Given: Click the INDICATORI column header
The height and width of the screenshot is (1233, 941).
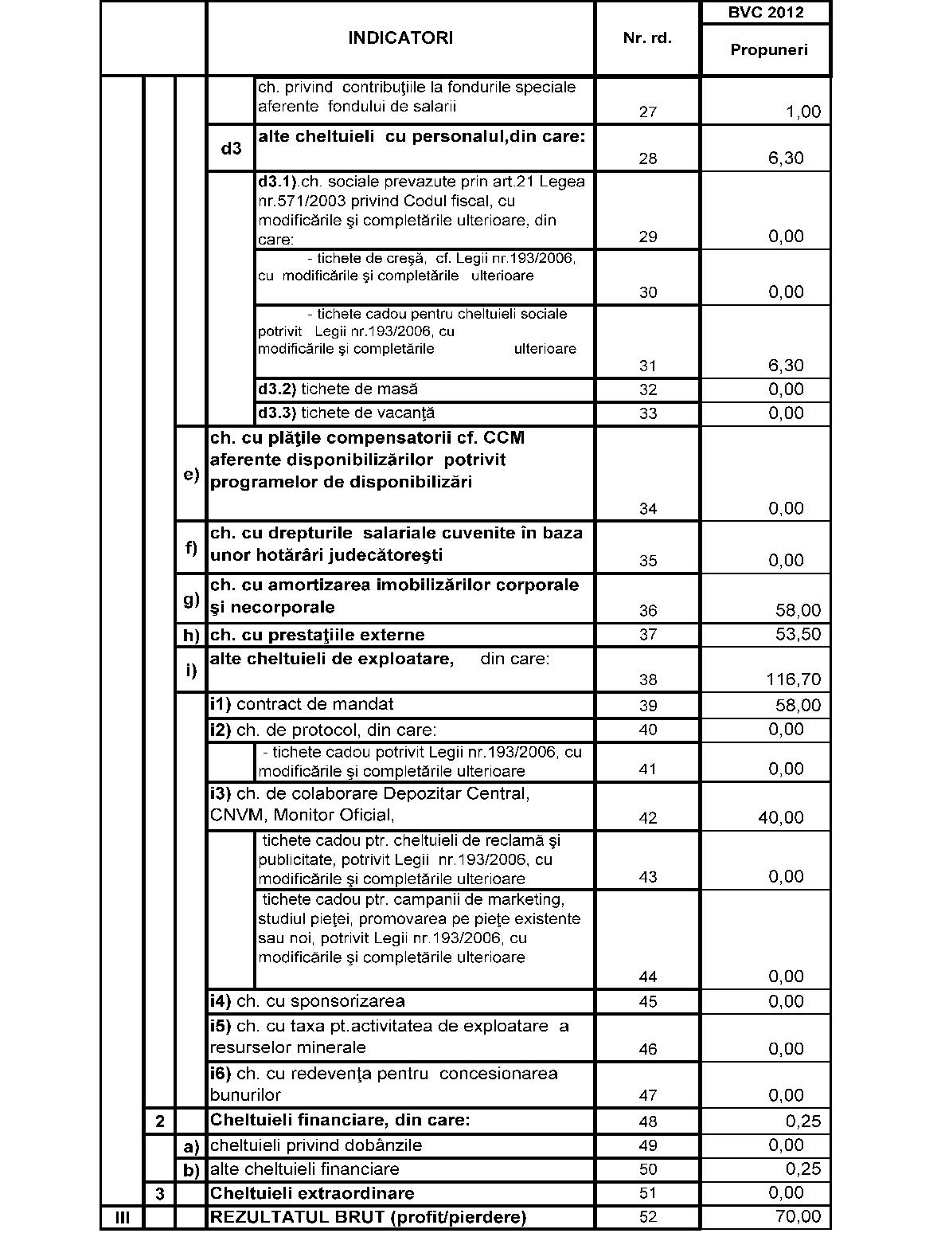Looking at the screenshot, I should tap(400, 38).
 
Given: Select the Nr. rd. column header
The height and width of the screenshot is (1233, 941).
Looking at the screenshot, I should tap(647, 38).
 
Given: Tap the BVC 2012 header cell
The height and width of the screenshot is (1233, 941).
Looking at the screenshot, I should tap(766, 13).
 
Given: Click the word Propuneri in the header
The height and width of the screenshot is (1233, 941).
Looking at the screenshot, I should tap(769, 50).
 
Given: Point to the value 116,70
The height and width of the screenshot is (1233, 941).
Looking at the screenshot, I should tap(793, 679).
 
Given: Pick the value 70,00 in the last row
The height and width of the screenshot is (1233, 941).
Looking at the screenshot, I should tap(798, 1216).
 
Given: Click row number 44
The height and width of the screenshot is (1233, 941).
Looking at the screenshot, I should tap(648, 977).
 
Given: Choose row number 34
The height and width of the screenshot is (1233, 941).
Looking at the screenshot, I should tap(648, 509).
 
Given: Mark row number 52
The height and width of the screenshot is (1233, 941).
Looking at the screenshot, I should tap(648, 1217).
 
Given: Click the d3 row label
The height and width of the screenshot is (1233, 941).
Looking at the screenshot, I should tap(231, 148).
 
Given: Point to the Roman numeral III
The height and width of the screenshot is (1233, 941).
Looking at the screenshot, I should tap(123, 1217).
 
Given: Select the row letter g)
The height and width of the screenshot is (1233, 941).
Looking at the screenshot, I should tap(191, 599).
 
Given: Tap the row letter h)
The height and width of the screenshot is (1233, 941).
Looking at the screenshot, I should tap(191, 636).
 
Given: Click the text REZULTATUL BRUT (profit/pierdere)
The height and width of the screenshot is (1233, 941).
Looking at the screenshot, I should tap(368, 1217).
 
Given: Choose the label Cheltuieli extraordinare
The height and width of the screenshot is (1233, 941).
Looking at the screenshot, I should tap(312, 1193).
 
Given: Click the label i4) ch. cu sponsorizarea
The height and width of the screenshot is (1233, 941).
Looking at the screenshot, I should tap(307, 1001).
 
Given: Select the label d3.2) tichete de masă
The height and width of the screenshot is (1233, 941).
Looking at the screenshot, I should tap(338, 389).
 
